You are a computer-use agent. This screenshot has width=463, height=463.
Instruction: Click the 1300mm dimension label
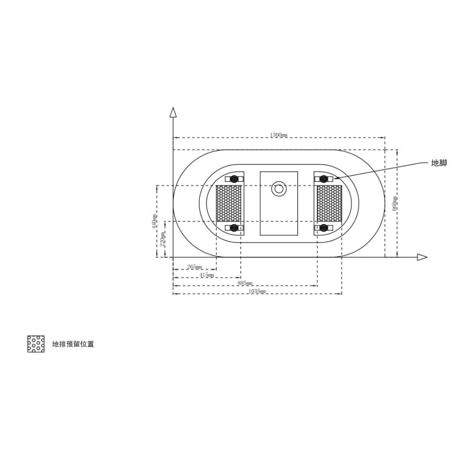coord(279,135)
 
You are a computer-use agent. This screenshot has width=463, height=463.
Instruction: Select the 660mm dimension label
coord(394,203)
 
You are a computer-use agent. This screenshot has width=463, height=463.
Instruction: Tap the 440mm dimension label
coord(154,222)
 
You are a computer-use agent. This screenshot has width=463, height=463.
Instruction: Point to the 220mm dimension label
coord(162,240)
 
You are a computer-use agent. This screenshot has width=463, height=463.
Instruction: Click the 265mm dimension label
coord(194,267)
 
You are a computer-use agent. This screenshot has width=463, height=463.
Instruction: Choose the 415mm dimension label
coord(207,275)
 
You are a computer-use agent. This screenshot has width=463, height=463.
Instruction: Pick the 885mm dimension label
coord(245,283)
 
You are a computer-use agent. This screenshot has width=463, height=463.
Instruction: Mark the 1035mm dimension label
coord(257,292)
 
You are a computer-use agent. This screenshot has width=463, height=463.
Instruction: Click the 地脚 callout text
coord(439,163)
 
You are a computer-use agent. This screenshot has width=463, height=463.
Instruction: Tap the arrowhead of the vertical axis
coord(173,112)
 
